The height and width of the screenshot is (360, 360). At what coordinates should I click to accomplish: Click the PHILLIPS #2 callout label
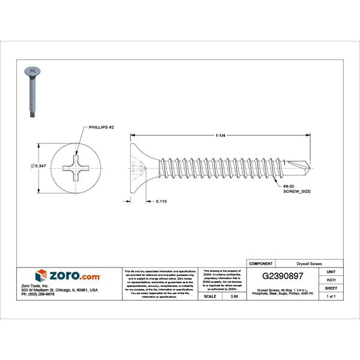click(x=101, y=128)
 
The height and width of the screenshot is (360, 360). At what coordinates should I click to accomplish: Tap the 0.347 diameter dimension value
click(x=40, y=166)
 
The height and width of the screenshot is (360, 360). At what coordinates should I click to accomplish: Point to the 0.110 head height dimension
click(x=161, y=202)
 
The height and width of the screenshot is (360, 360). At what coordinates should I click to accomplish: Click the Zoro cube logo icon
click(x=41, y=276)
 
